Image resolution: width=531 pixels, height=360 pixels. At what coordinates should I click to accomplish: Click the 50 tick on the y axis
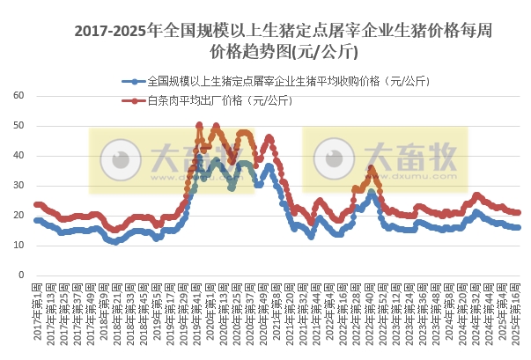coord(20,126)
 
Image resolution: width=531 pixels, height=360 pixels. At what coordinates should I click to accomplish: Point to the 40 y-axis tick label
coord(20,156)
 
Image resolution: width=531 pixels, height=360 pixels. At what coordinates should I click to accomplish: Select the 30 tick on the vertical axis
coord(20,186)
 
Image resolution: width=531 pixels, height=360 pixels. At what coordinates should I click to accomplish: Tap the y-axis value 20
coord(20,216)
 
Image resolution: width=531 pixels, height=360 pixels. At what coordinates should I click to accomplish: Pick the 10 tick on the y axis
coord(20,245)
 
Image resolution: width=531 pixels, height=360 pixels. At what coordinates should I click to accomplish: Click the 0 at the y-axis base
coord(23,275)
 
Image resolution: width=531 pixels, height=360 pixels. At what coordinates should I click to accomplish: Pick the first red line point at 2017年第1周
coord(36,204)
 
